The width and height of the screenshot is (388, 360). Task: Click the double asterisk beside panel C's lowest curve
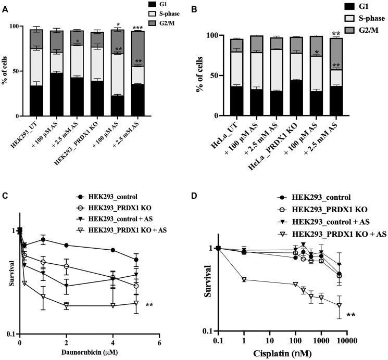tap(149, 305)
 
